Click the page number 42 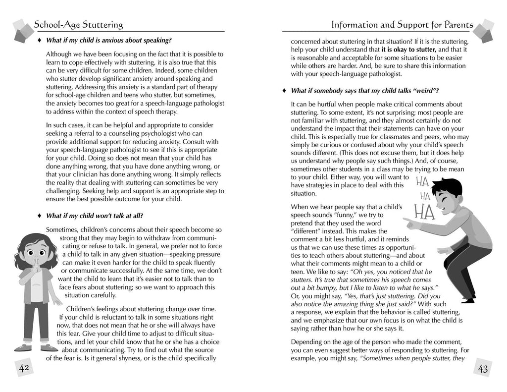tap(23, 368)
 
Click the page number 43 tap(483, 368)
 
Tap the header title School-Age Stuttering tap(79, 24)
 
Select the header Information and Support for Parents tap(402, 24)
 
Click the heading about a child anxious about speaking tap(108, 40)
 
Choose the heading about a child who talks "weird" tap(364, 91)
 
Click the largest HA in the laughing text tap(424, 212)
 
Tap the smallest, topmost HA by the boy tap(422, 181)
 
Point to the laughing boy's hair tap(448, 187)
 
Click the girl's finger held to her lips tap(35, 262)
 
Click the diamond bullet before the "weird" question tap(284, 91)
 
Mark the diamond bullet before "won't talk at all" tap(39, 216)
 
